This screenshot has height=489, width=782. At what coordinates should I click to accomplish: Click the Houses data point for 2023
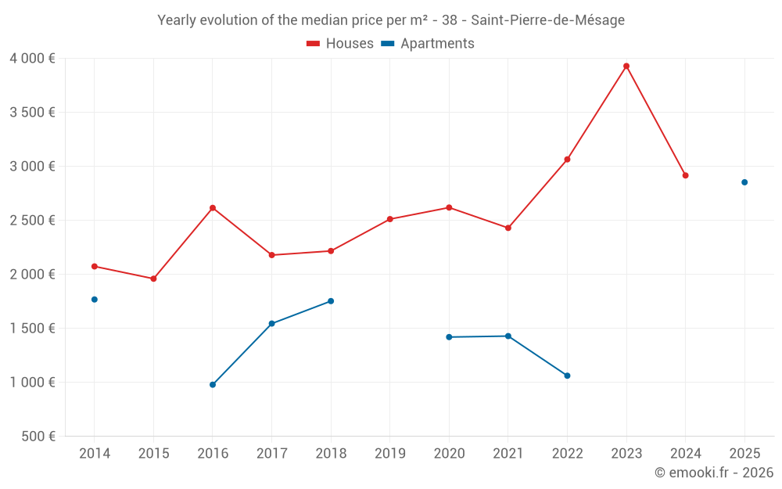coord(626,66)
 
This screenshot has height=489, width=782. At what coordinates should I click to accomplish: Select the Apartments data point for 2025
coord(744,182)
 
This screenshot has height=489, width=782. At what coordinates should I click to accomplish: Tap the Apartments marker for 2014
coord(95,300)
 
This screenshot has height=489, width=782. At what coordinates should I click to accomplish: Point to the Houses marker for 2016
coord(213,208)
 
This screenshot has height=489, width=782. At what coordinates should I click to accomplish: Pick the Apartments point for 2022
coord(567,376)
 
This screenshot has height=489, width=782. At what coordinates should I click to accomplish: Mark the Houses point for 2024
coord(685,175)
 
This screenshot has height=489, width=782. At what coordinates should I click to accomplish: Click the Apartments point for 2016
coord(213,385)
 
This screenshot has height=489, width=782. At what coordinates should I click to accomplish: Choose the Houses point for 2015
coord(153,279)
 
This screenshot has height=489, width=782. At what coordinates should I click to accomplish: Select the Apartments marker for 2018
coord(331,301)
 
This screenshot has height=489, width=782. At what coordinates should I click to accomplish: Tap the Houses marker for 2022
coord(567,160)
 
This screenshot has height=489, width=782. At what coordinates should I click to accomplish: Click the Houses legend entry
coord(340,44)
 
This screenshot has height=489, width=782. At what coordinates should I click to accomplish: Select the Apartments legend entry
coord(428,44)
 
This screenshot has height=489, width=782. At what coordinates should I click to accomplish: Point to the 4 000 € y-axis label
coord(32,58)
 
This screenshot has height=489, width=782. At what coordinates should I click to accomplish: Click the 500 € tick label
coord(40,437)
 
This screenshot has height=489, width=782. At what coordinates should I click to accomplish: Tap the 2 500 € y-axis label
coord(32,220)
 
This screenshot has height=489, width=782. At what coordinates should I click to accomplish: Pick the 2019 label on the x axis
coord(389,454)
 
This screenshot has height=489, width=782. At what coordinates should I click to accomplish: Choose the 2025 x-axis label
coord(744,454)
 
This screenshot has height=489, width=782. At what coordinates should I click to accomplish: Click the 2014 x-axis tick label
coord(95,454)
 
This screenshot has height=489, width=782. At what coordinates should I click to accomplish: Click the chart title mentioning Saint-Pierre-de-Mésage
coord(391,20)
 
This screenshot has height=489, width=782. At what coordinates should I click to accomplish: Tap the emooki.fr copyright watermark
coord(713,473)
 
